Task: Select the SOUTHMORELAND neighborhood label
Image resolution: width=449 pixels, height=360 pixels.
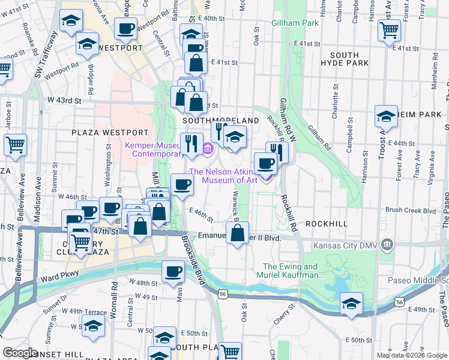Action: pos(220,121)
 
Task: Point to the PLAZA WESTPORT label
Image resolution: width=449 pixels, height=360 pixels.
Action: pos(110,132)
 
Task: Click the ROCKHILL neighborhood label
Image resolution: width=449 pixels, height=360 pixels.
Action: pos(326,223)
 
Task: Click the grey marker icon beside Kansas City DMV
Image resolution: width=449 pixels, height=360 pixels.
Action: pos(387,244)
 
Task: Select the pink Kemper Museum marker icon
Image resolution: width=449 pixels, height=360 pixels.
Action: pos(208,148)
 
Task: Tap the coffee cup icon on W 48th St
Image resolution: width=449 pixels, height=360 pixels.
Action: pos(173,271)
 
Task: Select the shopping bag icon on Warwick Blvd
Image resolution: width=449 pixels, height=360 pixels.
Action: pos(237,233)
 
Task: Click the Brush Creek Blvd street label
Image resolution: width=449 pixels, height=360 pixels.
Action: pos(411,211)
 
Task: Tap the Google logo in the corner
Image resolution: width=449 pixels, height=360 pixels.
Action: pos(20,353)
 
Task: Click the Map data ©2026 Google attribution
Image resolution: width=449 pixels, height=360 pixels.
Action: pos(411,355)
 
